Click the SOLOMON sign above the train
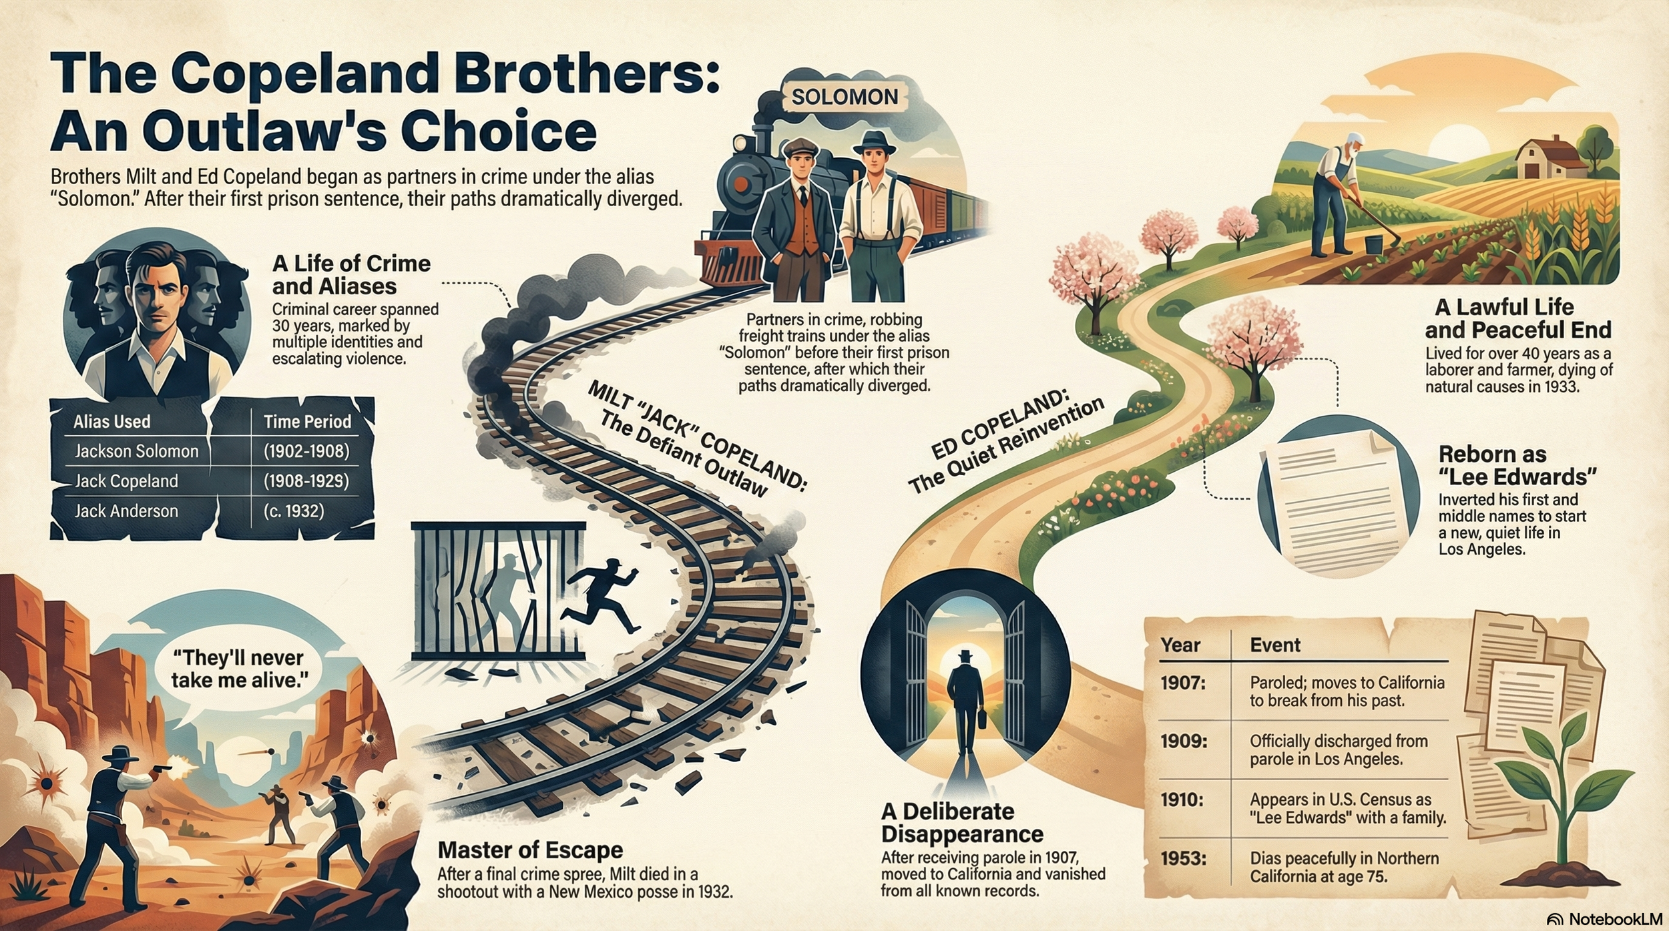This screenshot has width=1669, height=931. click(845, 97)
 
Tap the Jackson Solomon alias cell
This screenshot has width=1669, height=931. click(136, 451)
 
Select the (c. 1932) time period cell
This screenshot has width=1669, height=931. click(294, 511)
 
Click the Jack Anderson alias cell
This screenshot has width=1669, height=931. click(126, 511)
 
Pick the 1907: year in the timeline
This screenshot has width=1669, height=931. click(1182, 683)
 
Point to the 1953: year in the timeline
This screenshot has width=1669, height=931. click(1183, 858)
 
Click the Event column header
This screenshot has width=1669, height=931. click(1274, 645)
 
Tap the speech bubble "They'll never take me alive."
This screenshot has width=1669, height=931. click(238, 669)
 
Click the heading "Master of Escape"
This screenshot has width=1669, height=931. click(530, 850)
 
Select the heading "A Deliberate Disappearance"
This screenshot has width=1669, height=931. click(962, 822)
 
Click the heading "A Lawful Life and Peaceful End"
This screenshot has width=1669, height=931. click(1517, 318)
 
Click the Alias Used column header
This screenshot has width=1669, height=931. click(111, 422)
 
